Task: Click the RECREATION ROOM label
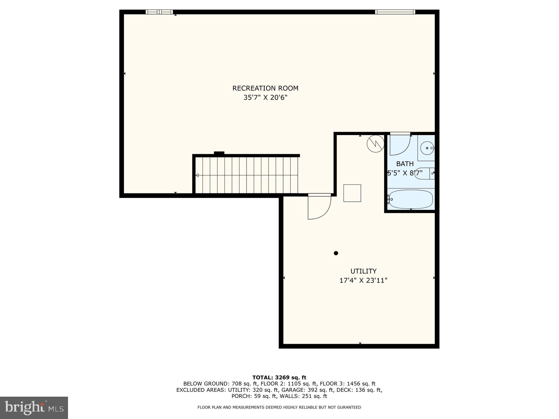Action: (265, 88)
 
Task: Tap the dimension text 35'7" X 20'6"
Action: (265, 97)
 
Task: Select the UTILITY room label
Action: (363, 271)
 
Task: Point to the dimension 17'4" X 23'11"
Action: (363, 281)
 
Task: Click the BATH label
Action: (405, 164)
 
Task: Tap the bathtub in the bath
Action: (411, 199)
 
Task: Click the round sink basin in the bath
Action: (427, 148)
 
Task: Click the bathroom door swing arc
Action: (400, 145)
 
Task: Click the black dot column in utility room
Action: (336, 253)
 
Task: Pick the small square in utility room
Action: (352, 193)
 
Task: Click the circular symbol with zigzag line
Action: (375, 144)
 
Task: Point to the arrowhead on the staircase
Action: (197, 175)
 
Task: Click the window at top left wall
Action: (159, 12)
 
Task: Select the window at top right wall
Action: (395, 12)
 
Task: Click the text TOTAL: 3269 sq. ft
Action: (279, 377)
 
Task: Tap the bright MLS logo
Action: (34, 408)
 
